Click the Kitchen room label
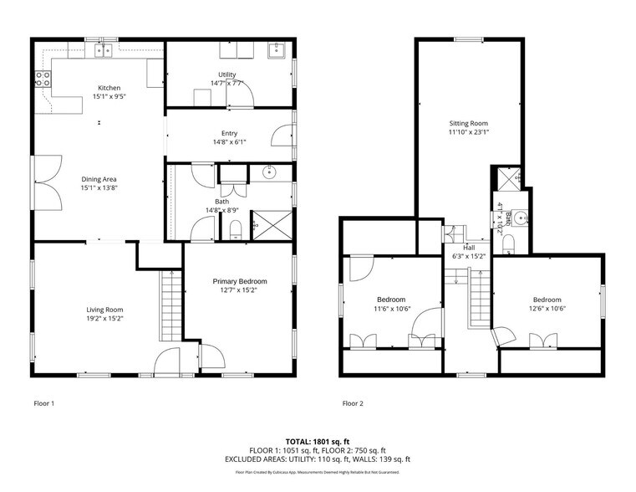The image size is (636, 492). pos(109,88)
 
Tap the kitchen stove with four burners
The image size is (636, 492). pos(43,79)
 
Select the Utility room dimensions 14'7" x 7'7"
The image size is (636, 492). pos(226,83)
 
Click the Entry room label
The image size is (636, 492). pos(229,133)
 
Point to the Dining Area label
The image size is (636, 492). pos(99,179)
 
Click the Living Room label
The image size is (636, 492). pos(104,310)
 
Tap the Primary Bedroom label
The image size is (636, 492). pos(240,281)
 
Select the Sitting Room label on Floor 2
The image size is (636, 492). pos(467,123)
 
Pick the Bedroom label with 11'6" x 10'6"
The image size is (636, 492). pos(390,300)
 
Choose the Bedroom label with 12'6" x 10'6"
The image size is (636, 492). pos(547,300)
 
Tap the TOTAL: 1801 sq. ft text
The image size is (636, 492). pos(318,440)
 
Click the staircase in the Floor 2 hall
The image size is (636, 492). pos(479,301)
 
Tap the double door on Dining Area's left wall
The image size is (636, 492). pos(48,183)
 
